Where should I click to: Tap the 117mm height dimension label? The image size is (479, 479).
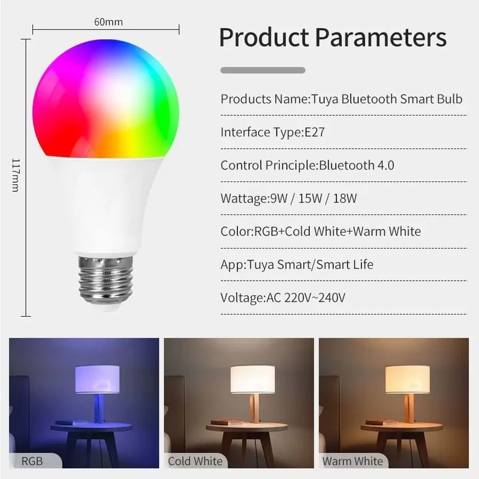[x=16, y=175]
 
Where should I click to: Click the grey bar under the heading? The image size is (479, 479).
[x=263, y=70]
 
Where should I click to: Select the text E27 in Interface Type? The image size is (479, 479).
[x=313, y=132]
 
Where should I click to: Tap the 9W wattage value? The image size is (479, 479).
[x=279, y=198]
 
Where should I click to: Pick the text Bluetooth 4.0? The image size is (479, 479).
[x=356, y=165]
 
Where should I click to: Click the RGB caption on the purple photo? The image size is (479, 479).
[x=32, y=461]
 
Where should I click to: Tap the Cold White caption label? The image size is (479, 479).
[x=195, y=461]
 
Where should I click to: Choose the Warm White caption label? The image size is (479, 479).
[x=353, y=461]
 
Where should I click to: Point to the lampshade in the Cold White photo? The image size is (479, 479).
[x=252, y=380]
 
